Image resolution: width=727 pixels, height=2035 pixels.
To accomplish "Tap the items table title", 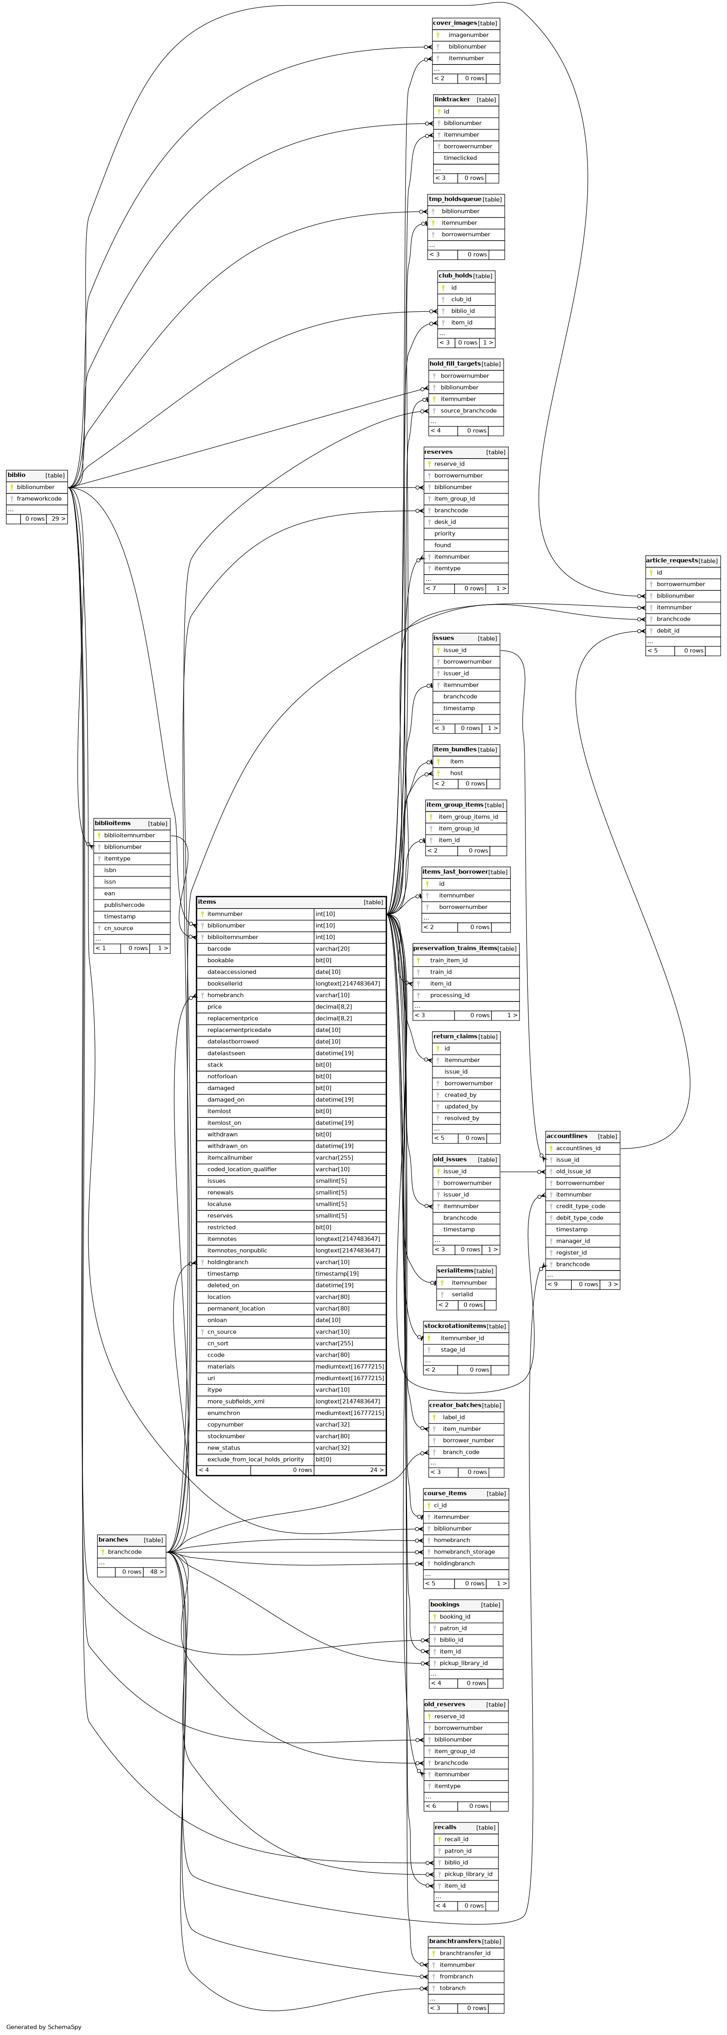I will tap(207, 901).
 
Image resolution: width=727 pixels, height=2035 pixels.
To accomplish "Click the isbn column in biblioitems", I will tap(110, 870).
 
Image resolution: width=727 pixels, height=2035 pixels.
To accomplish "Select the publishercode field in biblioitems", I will tap(124, 905).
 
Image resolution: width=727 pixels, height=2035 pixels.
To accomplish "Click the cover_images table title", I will tap(455, 23).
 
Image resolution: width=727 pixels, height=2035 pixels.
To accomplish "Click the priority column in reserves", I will tap(444, 533).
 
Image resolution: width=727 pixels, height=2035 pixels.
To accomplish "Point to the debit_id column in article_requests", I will tap(668, 630).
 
